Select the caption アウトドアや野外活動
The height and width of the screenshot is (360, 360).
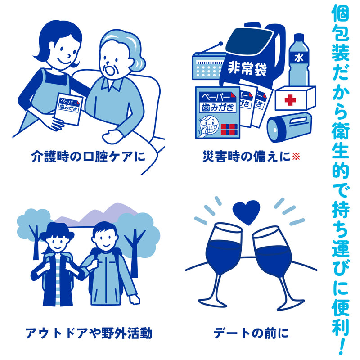(x=89, y=333)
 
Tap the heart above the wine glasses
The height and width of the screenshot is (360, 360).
(x=247, y=211)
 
